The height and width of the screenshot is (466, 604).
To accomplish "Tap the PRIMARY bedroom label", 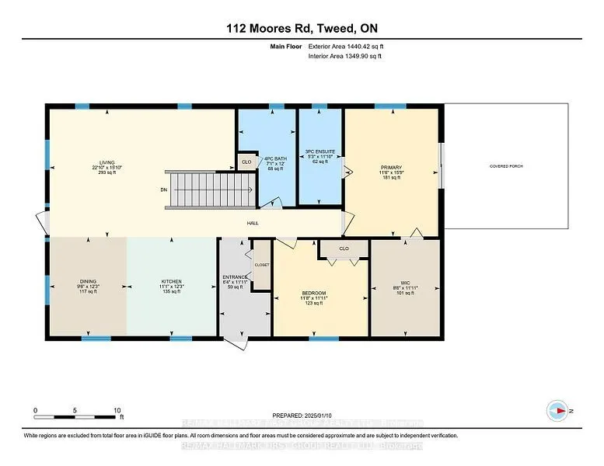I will coord(390,167).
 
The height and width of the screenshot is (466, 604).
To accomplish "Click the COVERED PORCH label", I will coord(505,166).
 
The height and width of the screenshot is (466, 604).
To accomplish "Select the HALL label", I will coord(253,224).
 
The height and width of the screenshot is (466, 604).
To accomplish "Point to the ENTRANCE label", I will coord(235,277).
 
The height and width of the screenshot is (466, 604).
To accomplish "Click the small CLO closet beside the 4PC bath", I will coord(246,162).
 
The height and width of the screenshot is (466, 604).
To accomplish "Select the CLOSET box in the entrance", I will coord(261,265).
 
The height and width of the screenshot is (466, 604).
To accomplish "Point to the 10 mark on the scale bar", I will coord(117,410).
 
